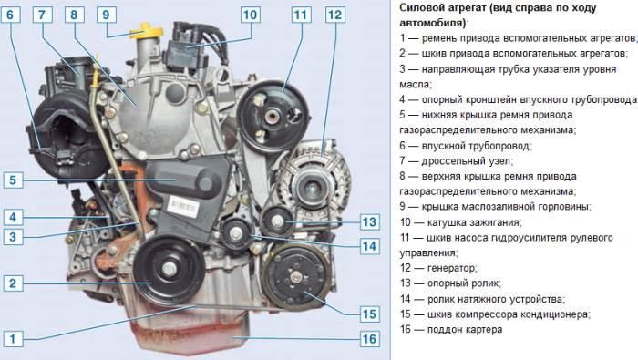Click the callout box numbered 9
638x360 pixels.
click(106, 15)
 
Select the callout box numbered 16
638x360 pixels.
click(368, 338)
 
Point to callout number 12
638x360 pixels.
click(334, 15)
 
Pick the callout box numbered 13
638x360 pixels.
click(368, 221)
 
